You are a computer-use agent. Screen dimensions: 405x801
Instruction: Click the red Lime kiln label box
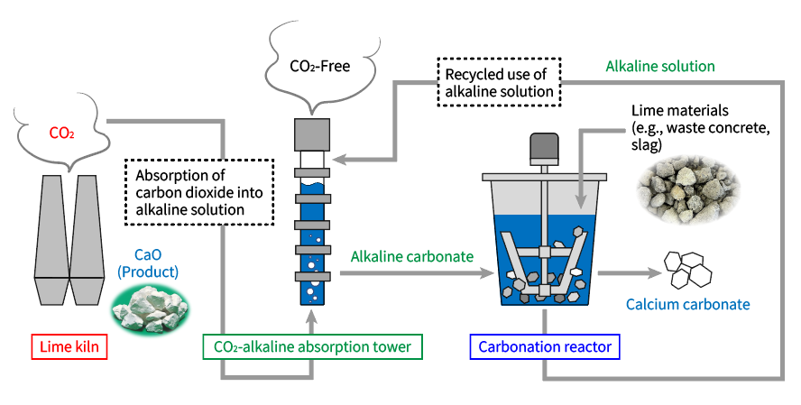pos(69,346)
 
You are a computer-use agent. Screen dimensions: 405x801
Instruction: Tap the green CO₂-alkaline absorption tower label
pos(312,346)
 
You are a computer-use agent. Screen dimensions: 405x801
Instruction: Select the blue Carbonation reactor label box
pos(545,346)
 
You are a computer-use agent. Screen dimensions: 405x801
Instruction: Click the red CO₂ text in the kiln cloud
pos(61,134)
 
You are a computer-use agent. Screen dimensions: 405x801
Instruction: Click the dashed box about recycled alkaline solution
pos(499,82)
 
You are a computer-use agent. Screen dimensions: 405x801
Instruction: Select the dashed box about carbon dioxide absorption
pos(198,191)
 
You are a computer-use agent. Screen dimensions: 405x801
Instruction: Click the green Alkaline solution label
pos(660,67)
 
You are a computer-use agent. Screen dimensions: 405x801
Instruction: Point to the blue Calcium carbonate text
pos(687,304)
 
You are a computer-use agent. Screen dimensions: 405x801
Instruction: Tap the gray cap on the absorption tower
pos(313,136)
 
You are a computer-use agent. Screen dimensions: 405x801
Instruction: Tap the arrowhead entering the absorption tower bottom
pos(313,316)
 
